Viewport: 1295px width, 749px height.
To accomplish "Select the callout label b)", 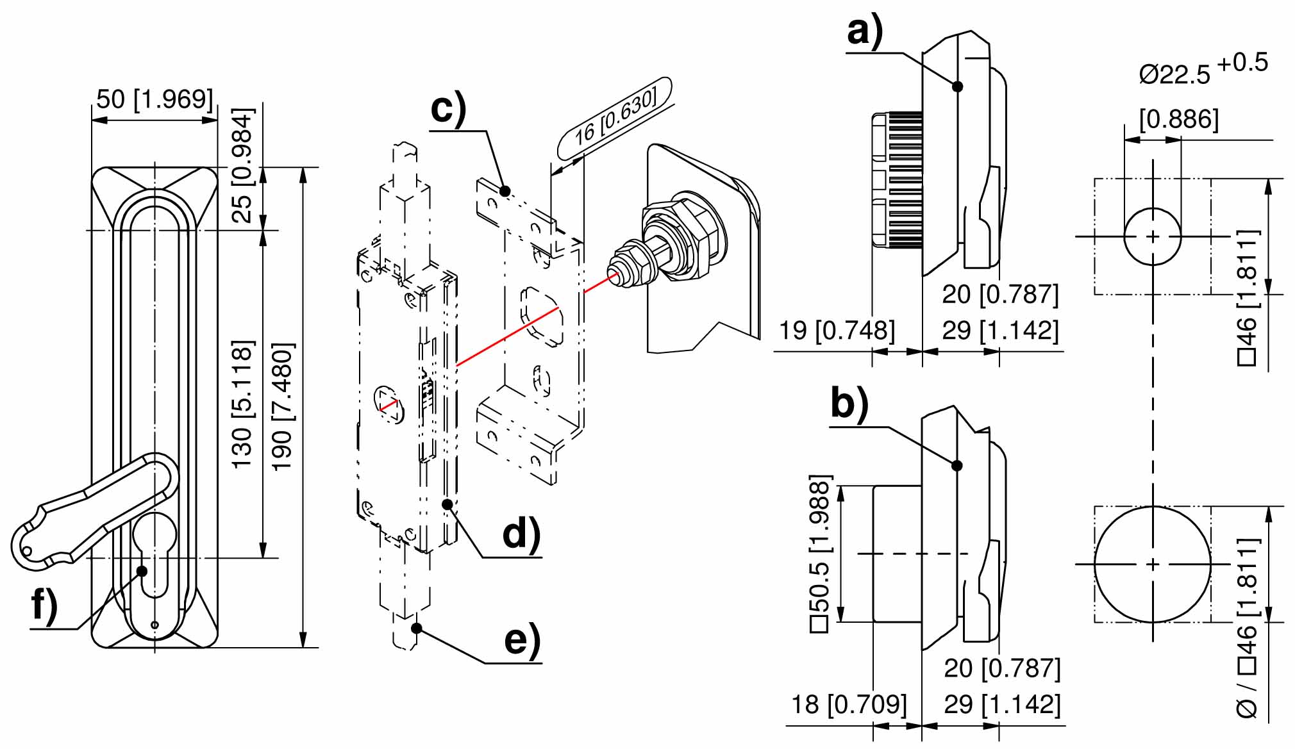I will (849, 404).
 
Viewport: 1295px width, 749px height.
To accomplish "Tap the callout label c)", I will (448, 109).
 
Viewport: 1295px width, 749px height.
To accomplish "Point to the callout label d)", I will (521, 534).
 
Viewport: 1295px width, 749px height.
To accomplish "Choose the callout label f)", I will (44, 605).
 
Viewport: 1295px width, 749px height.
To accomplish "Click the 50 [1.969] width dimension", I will (155, 100).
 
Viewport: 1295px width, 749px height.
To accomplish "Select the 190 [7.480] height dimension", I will (283, 407).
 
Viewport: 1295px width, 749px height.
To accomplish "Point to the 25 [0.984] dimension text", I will (242, 165).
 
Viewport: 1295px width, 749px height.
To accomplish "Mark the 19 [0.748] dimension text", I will (837, 331).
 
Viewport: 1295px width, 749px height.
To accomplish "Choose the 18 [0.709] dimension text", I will (849, 704).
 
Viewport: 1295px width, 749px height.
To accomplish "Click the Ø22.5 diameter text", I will (1174, 74).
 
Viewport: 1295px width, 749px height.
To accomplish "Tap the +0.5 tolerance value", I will (1242, 63).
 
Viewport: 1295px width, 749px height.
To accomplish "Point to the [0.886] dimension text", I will (1179, 119).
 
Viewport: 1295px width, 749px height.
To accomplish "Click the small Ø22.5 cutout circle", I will (1153, 236).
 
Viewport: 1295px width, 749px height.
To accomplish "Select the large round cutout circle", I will (1153, 564).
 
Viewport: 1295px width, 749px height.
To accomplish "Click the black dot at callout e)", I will (417, 628).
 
